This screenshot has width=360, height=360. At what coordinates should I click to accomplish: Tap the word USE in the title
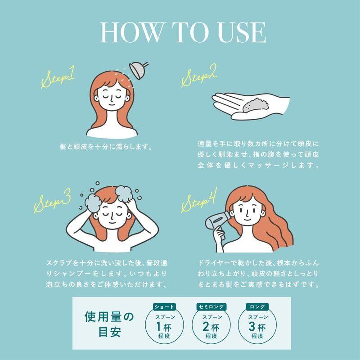[239, 32]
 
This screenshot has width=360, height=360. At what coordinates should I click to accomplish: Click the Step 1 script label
[58, 77]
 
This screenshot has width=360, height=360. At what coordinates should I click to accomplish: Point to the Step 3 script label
[52, 201]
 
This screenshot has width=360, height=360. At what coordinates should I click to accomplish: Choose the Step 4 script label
[199, 200]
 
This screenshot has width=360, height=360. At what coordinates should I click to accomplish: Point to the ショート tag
[164, 306]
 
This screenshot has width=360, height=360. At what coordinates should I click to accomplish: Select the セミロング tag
[211, 306]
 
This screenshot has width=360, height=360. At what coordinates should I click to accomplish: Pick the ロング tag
[257, 306]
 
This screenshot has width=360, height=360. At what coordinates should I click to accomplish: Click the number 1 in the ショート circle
[158, 326]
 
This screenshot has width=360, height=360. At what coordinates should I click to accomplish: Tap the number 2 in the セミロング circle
[206, 326]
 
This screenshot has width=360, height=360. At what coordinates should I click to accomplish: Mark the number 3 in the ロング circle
[252, 326]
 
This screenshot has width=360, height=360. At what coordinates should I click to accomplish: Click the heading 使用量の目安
[109, 324]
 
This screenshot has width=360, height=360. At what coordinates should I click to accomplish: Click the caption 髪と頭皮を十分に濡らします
[106, 147]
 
